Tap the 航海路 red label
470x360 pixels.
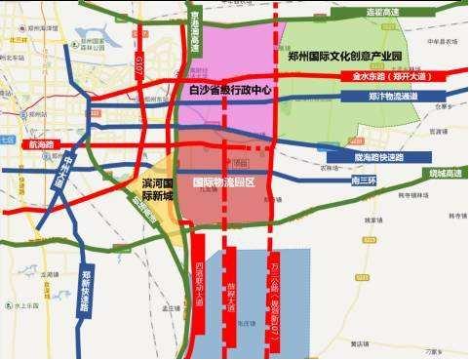click(x=44, y=144)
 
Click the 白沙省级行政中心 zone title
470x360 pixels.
click(x=228, y=90)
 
